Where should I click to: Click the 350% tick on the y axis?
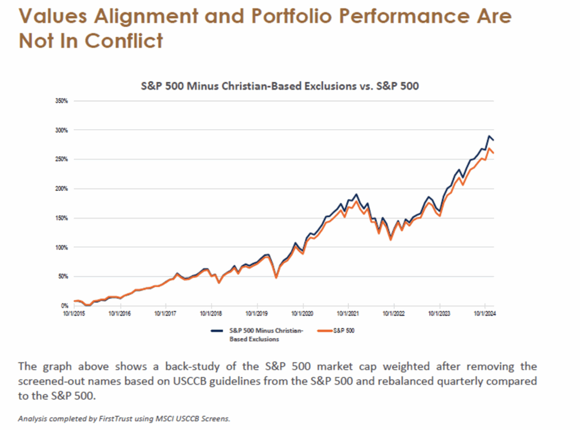(61, 101)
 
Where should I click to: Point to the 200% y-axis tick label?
(61, 189)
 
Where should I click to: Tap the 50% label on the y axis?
(62, 276)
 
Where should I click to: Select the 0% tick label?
(64, 306)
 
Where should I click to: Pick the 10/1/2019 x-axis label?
(257, 312)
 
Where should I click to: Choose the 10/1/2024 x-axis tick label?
(485, 312)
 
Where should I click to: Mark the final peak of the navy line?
(489, 137)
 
